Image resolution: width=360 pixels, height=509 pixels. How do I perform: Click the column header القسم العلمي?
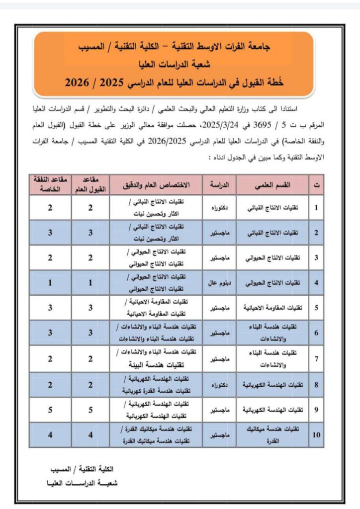pos(272,185)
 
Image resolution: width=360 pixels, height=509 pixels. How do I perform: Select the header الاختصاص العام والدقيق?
pos(156,185)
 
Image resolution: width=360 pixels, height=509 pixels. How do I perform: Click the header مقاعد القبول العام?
pos(90,185)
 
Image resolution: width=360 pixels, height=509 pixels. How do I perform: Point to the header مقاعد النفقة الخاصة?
pos(49,185)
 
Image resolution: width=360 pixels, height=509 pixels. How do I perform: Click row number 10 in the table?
pos(316,435)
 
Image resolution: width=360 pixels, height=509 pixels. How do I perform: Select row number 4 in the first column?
pos(316,283)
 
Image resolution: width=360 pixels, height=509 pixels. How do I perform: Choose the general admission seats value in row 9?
pos(90,410)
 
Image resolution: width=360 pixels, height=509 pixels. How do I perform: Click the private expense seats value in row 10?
pos(50,435)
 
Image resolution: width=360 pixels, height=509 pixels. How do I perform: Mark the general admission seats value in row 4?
pos(90,283)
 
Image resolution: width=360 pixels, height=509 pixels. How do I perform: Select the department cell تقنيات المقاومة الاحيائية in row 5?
pos(272,308)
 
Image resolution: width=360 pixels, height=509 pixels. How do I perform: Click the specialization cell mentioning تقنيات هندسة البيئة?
pos(156,359)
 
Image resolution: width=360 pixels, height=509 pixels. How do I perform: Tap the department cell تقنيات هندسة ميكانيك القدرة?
pos(272,435)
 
